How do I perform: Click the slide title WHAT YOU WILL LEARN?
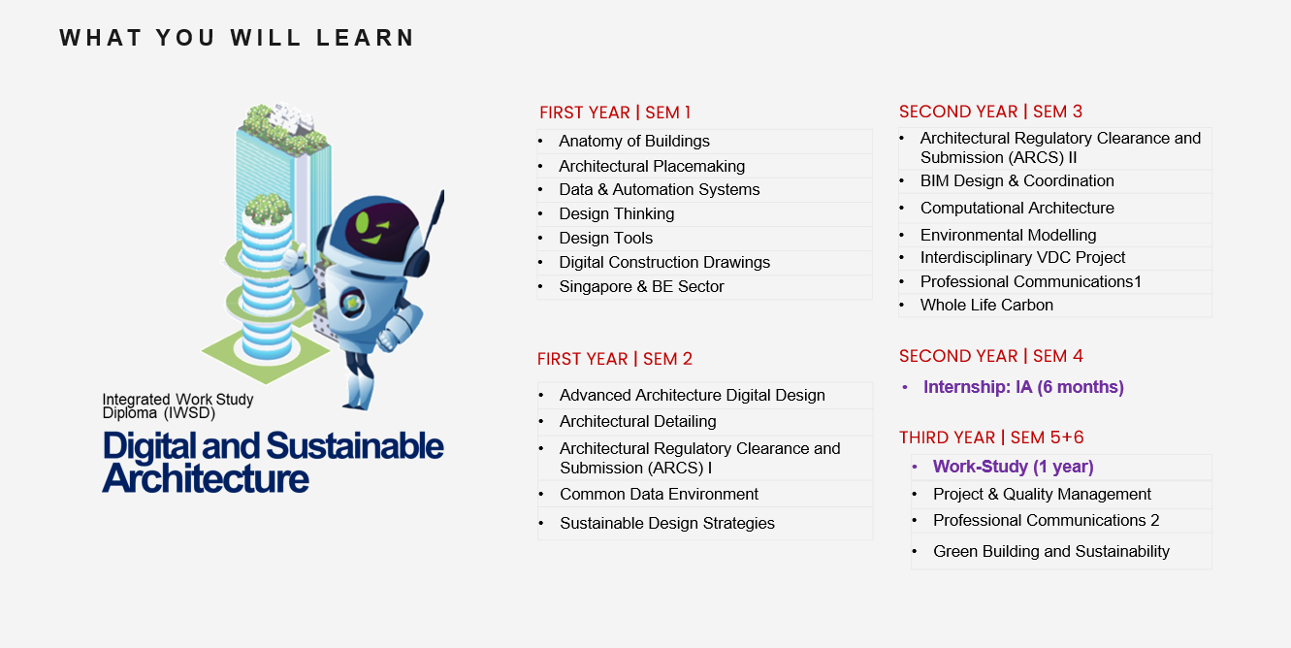point(237,38)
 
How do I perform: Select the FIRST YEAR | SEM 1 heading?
point(615,113)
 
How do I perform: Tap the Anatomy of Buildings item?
point(634,142)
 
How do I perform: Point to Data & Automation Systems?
point(660,190)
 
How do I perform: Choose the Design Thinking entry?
point(617,213)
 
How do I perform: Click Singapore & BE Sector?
point(641,286)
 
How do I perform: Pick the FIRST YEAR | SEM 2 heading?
point(614,359)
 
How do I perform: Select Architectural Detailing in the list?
point(638,421)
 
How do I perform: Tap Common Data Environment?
point(659,494)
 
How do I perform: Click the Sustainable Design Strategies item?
point(667,523)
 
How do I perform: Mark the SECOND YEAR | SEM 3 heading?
point(990,112)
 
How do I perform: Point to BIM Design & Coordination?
point(1017,181)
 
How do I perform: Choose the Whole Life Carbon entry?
point(986,305)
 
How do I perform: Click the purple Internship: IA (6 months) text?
point(1023,387)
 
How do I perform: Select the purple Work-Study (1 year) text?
point(1014,467)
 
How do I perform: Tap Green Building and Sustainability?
point(1051,551)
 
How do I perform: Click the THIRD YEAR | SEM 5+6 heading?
point(991,437)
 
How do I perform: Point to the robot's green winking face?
point(371,226)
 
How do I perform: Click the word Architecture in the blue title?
point(206,478)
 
